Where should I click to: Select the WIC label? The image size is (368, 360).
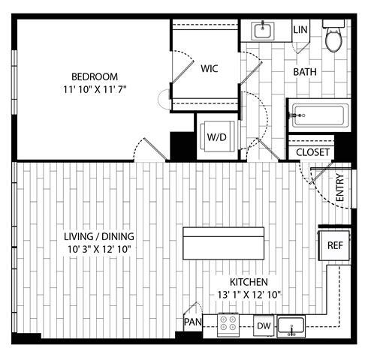click(210, 67)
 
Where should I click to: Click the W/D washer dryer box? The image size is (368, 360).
click(218, 136)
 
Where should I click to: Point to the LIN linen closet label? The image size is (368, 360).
click(301, 30)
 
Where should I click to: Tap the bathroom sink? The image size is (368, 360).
click(264, 30)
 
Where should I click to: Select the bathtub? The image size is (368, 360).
click(319, 116)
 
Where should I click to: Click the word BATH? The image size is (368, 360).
click(305, 72)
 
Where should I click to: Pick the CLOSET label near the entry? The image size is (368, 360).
click(312, 152)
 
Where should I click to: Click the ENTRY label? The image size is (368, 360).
click(339, 187)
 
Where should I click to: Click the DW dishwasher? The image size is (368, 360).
click(264, 325)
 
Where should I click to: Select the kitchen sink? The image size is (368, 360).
click(291, 325)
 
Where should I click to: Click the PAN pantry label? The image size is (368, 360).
click(192, 322)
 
